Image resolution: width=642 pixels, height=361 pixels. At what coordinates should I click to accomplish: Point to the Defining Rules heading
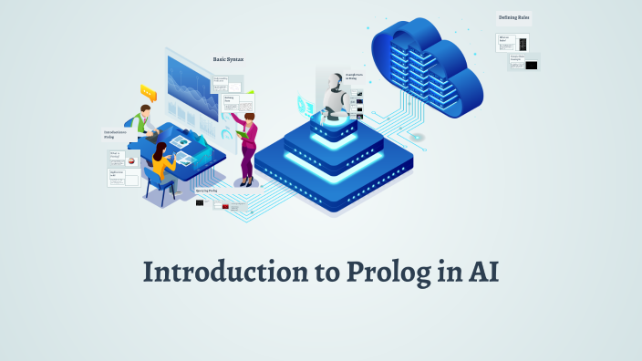point(513,17)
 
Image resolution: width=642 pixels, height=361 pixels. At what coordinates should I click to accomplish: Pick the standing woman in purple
point(247,146)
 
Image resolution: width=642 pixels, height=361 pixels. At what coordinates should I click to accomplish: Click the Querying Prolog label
point(207,191)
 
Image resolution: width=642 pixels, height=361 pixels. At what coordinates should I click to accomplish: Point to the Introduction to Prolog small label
point(115,135)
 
